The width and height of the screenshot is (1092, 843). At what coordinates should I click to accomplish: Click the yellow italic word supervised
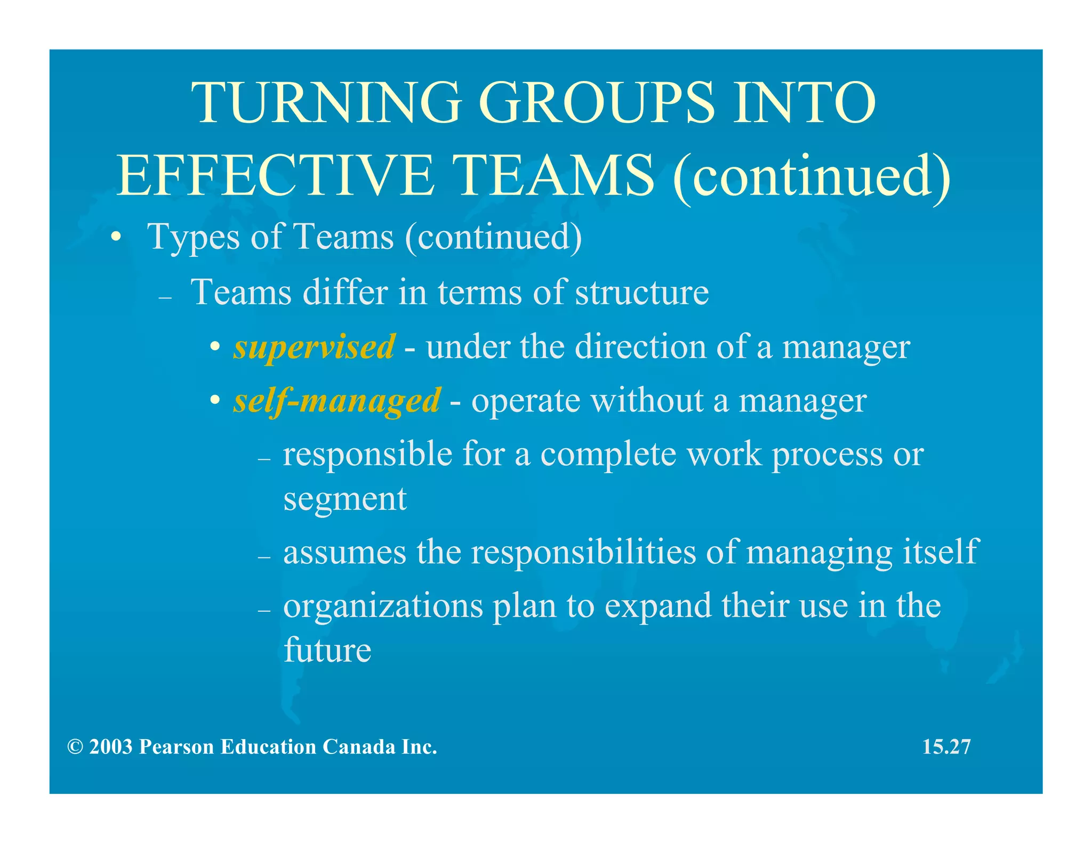tap(314, 347)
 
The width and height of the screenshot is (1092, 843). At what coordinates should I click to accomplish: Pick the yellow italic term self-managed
tap(337, 401)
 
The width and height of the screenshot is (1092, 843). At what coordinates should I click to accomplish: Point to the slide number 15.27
tap(946, 747)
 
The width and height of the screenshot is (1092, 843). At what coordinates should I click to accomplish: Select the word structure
tap(641, 293)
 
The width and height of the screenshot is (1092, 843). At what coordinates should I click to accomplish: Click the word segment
tap(345, 499)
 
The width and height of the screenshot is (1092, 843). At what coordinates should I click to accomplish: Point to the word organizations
tap(383, 606)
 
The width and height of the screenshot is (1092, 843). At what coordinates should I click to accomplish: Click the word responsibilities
tap(583, 552)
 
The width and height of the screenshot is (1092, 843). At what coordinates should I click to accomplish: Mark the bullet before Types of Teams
tap(116, 237)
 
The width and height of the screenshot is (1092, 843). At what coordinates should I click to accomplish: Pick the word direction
tap(640, 347)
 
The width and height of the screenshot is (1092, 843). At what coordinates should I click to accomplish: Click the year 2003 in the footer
tap(110, 747)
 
